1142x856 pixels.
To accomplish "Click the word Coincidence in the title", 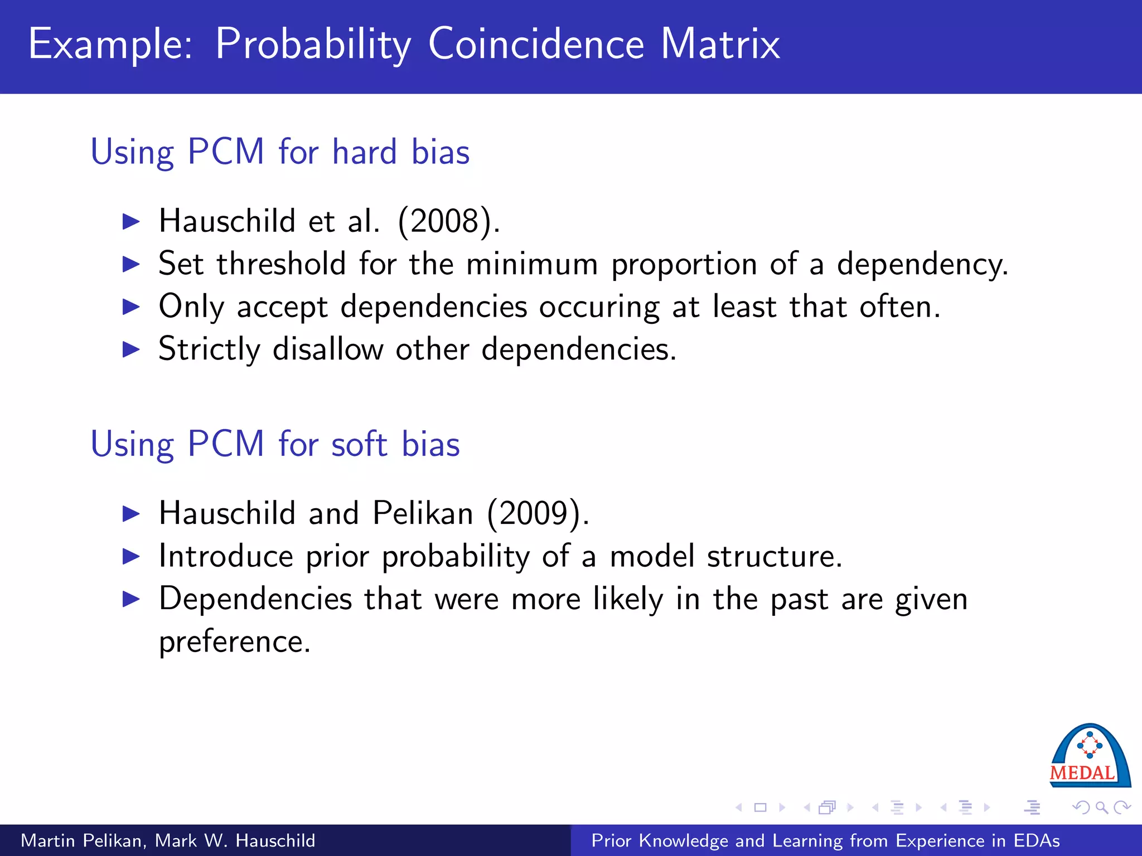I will pos(536,45).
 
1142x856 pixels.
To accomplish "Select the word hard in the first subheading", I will pos(365,152).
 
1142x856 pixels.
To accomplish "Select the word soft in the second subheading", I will pos(359,444).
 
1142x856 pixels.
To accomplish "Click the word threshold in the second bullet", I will pos(282,264).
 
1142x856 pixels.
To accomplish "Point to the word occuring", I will pos(599,308).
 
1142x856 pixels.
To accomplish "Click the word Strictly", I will pos(210,350).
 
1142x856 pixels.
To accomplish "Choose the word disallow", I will pos(328,349).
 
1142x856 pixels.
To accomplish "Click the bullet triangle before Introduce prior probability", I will pos(131,556).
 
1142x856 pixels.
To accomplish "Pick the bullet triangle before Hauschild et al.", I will pos(131,221).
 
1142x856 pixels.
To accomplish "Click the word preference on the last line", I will pos(234,642).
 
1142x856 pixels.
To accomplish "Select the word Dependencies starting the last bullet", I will pos(255,599).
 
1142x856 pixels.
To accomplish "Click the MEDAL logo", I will pos(1090,756).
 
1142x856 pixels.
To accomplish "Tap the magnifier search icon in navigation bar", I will pos(1101,807).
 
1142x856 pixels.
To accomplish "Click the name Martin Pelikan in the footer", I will pos(83,840).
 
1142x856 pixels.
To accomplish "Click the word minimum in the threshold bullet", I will pos(532,264).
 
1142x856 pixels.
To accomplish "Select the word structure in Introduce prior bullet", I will pos(774,556).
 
